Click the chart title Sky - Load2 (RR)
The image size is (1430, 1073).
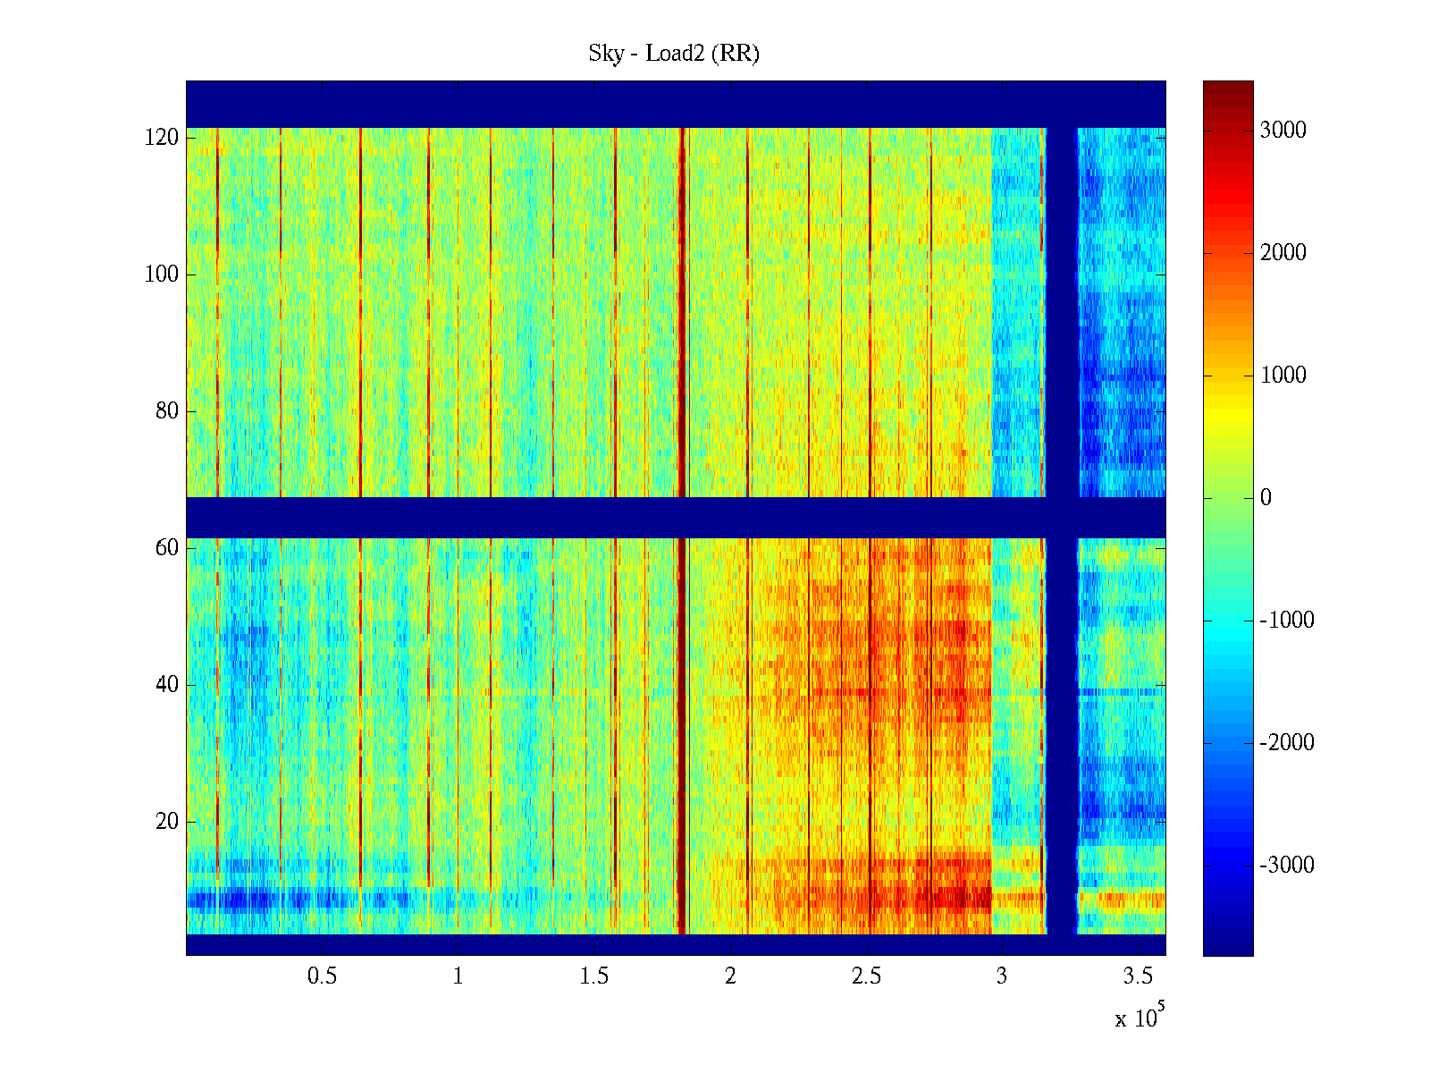[x=674, y=54]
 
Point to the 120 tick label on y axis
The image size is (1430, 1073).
[x=162, y=138]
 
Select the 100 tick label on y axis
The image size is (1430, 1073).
[x=162, y=275]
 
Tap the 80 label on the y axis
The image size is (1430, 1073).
[x=167, y=411]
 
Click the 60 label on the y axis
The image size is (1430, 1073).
[x=167, y=548]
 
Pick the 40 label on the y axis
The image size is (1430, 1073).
[x=167, y=685]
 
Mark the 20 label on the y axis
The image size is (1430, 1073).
[x=167, y=822]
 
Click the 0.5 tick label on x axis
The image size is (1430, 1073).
[x=322, y=976]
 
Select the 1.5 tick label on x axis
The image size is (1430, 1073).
[x=594, y=976]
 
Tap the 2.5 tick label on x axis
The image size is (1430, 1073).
[x=866, y=976]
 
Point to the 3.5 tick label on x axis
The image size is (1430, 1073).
[x=1139, y=976]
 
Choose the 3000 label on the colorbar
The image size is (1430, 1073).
[x=1283, y=131]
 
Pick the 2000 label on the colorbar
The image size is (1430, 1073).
[x=1283, y=253]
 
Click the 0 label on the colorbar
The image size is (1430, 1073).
[x=1266, y=498]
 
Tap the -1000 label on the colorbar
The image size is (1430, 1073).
[x=1287, y=621]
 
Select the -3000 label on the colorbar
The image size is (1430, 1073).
[x=1287, y=866]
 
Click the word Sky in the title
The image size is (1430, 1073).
[x=605, y=54]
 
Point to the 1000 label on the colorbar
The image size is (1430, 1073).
[x=1283, y=376]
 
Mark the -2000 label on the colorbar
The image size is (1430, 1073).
[x=1287, y=743]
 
